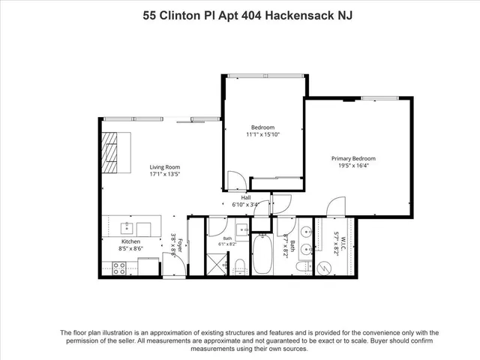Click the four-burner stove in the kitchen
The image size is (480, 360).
point(119,268)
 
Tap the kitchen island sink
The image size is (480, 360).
point(127,228)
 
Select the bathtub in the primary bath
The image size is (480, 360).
point(262,254)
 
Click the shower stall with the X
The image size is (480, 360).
point(217,264)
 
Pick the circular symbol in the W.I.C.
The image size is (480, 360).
point(323,268)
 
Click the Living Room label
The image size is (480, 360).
point(165,167)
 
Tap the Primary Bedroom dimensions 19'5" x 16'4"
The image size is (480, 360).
point(353,166)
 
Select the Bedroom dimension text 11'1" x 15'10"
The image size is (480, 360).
point(263,134)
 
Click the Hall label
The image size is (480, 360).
point(246,198)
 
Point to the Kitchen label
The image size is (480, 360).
point(130,241)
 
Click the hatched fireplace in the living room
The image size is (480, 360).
point(109,152)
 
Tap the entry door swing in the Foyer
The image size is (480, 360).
point(174,264)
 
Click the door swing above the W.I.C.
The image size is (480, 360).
point(336,207)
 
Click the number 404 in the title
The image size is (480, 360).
point(251,15)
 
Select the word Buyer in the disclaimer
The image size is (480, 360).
point(379,340)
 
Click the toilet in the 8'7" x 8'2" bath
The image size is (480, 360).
point(304,266)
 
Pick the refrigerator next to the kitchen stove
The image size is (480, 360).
point(148,266)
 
